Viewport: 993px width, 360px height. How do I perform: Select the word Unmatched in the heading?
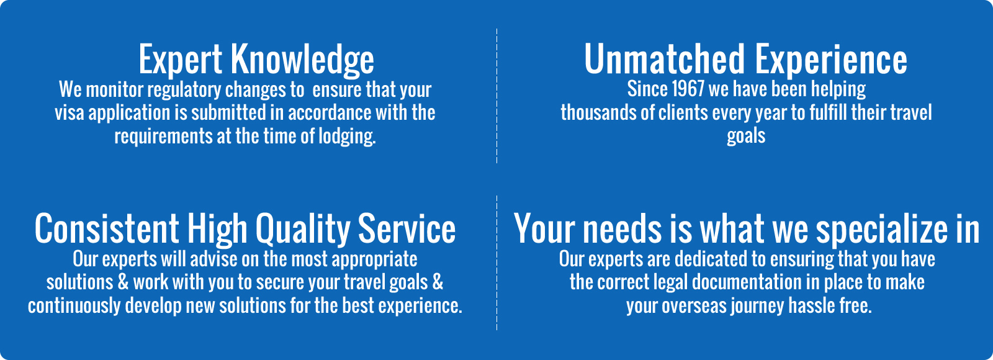[664, 58]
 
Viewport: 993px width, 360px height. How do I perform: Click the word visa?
[69, 112]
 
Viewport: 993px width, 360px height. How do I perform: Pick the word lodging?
[347, 137]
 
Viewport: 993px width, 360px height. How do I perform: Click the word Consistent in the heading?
[107, 229]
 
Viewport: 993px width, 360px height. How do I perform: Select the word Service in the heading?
[407, 229]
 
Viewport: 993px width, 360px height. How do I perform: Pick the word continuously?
[74, 307]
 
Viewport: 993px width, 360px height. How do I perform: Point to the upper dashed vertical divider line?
[496, 96]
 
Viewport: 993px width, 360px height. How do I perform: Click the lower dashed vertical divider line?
[496, 263]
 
